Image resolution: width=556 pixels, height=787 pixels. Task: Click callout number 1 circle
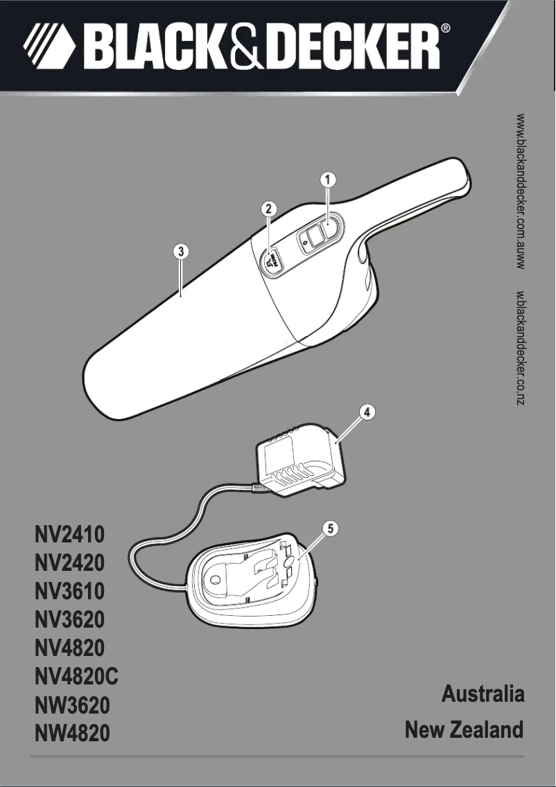pos(328,179)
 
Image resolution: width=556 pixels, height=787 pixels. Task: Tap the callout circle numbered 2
pos(269,208)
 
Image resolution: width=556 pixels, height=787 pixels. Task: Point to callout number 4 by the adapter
pos(368,412)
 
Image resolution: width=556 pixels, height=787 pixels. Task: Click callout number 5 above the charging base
pos(331,529)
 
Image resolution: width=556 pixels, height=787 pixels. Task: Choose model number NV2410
pos(69,535)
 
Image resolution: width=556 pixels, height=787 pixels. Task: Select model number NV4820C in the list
pos(76,676)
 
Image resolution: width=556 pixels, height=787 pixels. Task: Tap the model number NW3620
pos(72,705)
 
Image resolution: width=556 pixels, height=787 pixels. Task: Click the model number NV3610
pos(69,592)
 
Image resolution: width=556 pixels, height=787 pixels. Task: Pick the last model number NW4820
pos(72,733)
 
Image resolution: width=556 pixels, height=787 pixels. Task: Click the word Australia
pos(483,694)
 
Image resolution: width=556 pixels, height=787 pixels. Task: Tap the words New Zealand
pos(464,729)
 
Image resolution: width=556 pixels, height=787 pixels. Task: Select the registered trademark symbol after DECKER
pos(446,29)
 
